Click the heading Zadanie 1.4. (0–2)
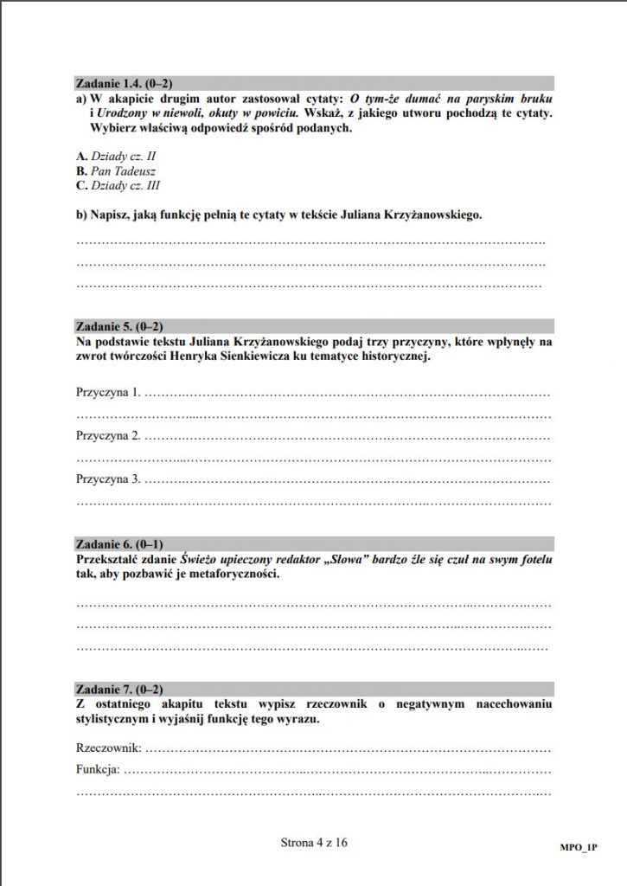tap(125, 84)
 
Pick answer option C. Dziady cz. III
tap(118, 185)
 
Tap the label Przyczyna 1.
tap(108, 393)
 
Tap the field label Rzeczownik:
tap(108, 747)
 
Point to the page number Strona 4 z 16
tap(314, 840)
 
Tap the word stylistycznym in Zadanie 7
tap(112, 719)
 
